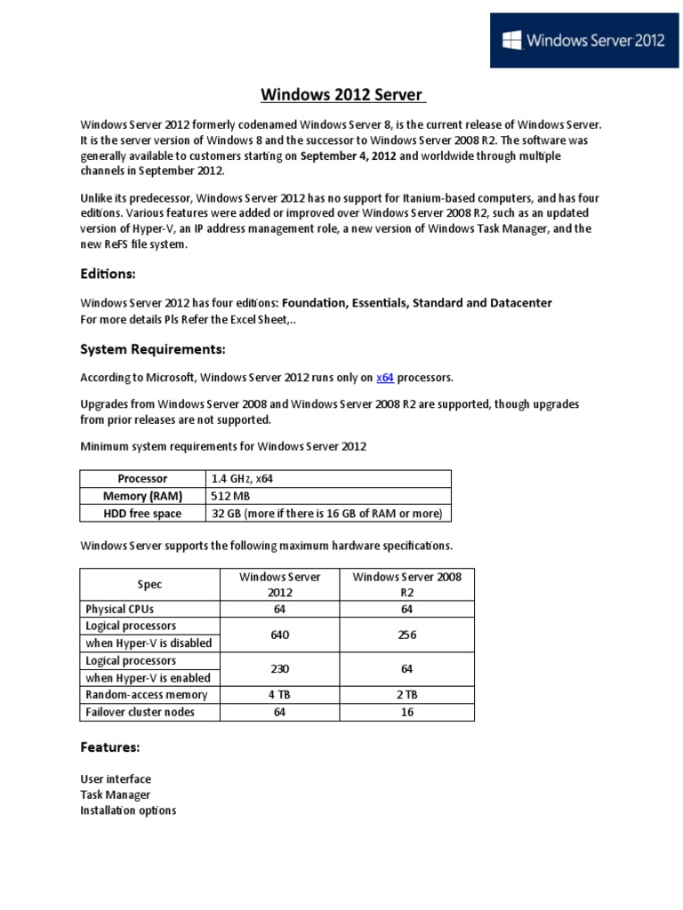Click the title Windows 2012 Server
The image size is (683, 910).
(341, 95)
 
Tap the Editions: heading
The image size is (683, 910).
(108, 275)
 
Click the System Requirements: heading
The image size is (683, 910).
(153, 347)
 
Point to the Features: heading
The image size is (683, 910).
(109, 747)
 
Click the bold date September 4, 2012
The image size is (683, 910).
(348, 156)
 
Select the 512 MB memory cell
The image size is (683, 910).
(229, 496)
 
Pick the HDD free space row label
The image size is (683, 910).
(142, 514)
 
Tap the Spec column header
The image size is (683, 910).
(149, 585)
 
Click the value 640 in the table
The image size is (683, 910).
(280, 635)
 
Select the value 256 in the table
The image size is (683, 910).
(407, 635)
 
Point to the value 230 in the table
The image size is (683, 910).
(280, 668)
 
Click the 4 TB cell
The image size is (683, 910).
(280, 694)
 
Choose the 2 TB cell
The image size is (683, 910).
(407, 694)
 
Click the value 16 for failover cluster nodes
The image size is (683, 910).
(407, 712)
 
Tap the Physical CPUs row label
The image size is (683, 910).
(120, 610)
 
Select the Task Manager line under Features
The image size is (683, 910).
(115, 794)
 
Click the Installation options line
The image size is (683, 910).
(128, 810)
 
